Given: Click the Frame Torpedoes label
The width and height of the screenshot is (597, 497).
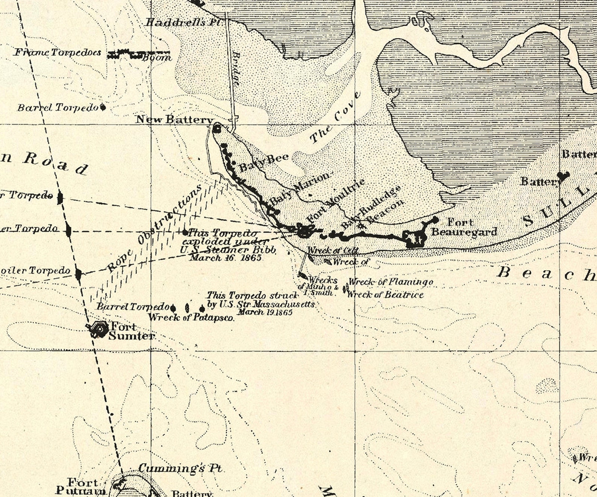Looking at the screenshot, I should [x=58, y=52].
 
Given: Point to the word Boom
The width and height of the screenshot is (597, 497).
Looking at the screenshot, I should [x=157, y=58].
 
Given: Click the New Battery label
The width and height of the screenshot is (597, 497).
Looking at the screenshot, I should [x=174, y=119].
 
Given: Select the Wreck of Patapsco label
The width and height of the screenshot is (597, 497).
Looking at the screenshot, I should [x=191, y=317].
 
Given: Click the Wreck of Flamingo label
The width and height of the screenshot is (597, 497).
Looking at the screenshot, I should [x=391, y=281].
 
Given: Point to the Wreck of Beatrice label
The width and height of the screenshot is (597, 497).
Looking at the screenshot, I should [x=385, y=295].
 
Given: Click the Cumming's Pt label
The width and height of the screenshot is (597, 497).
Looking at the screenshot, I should [x=180, y=468].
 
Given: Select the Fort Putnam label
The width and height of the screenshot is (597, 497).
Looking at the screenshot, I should [x=81, y=486].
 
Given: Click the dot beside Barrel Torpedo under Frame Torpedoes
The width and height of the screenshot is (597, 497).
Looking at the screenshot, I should [x=103, y=107].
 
